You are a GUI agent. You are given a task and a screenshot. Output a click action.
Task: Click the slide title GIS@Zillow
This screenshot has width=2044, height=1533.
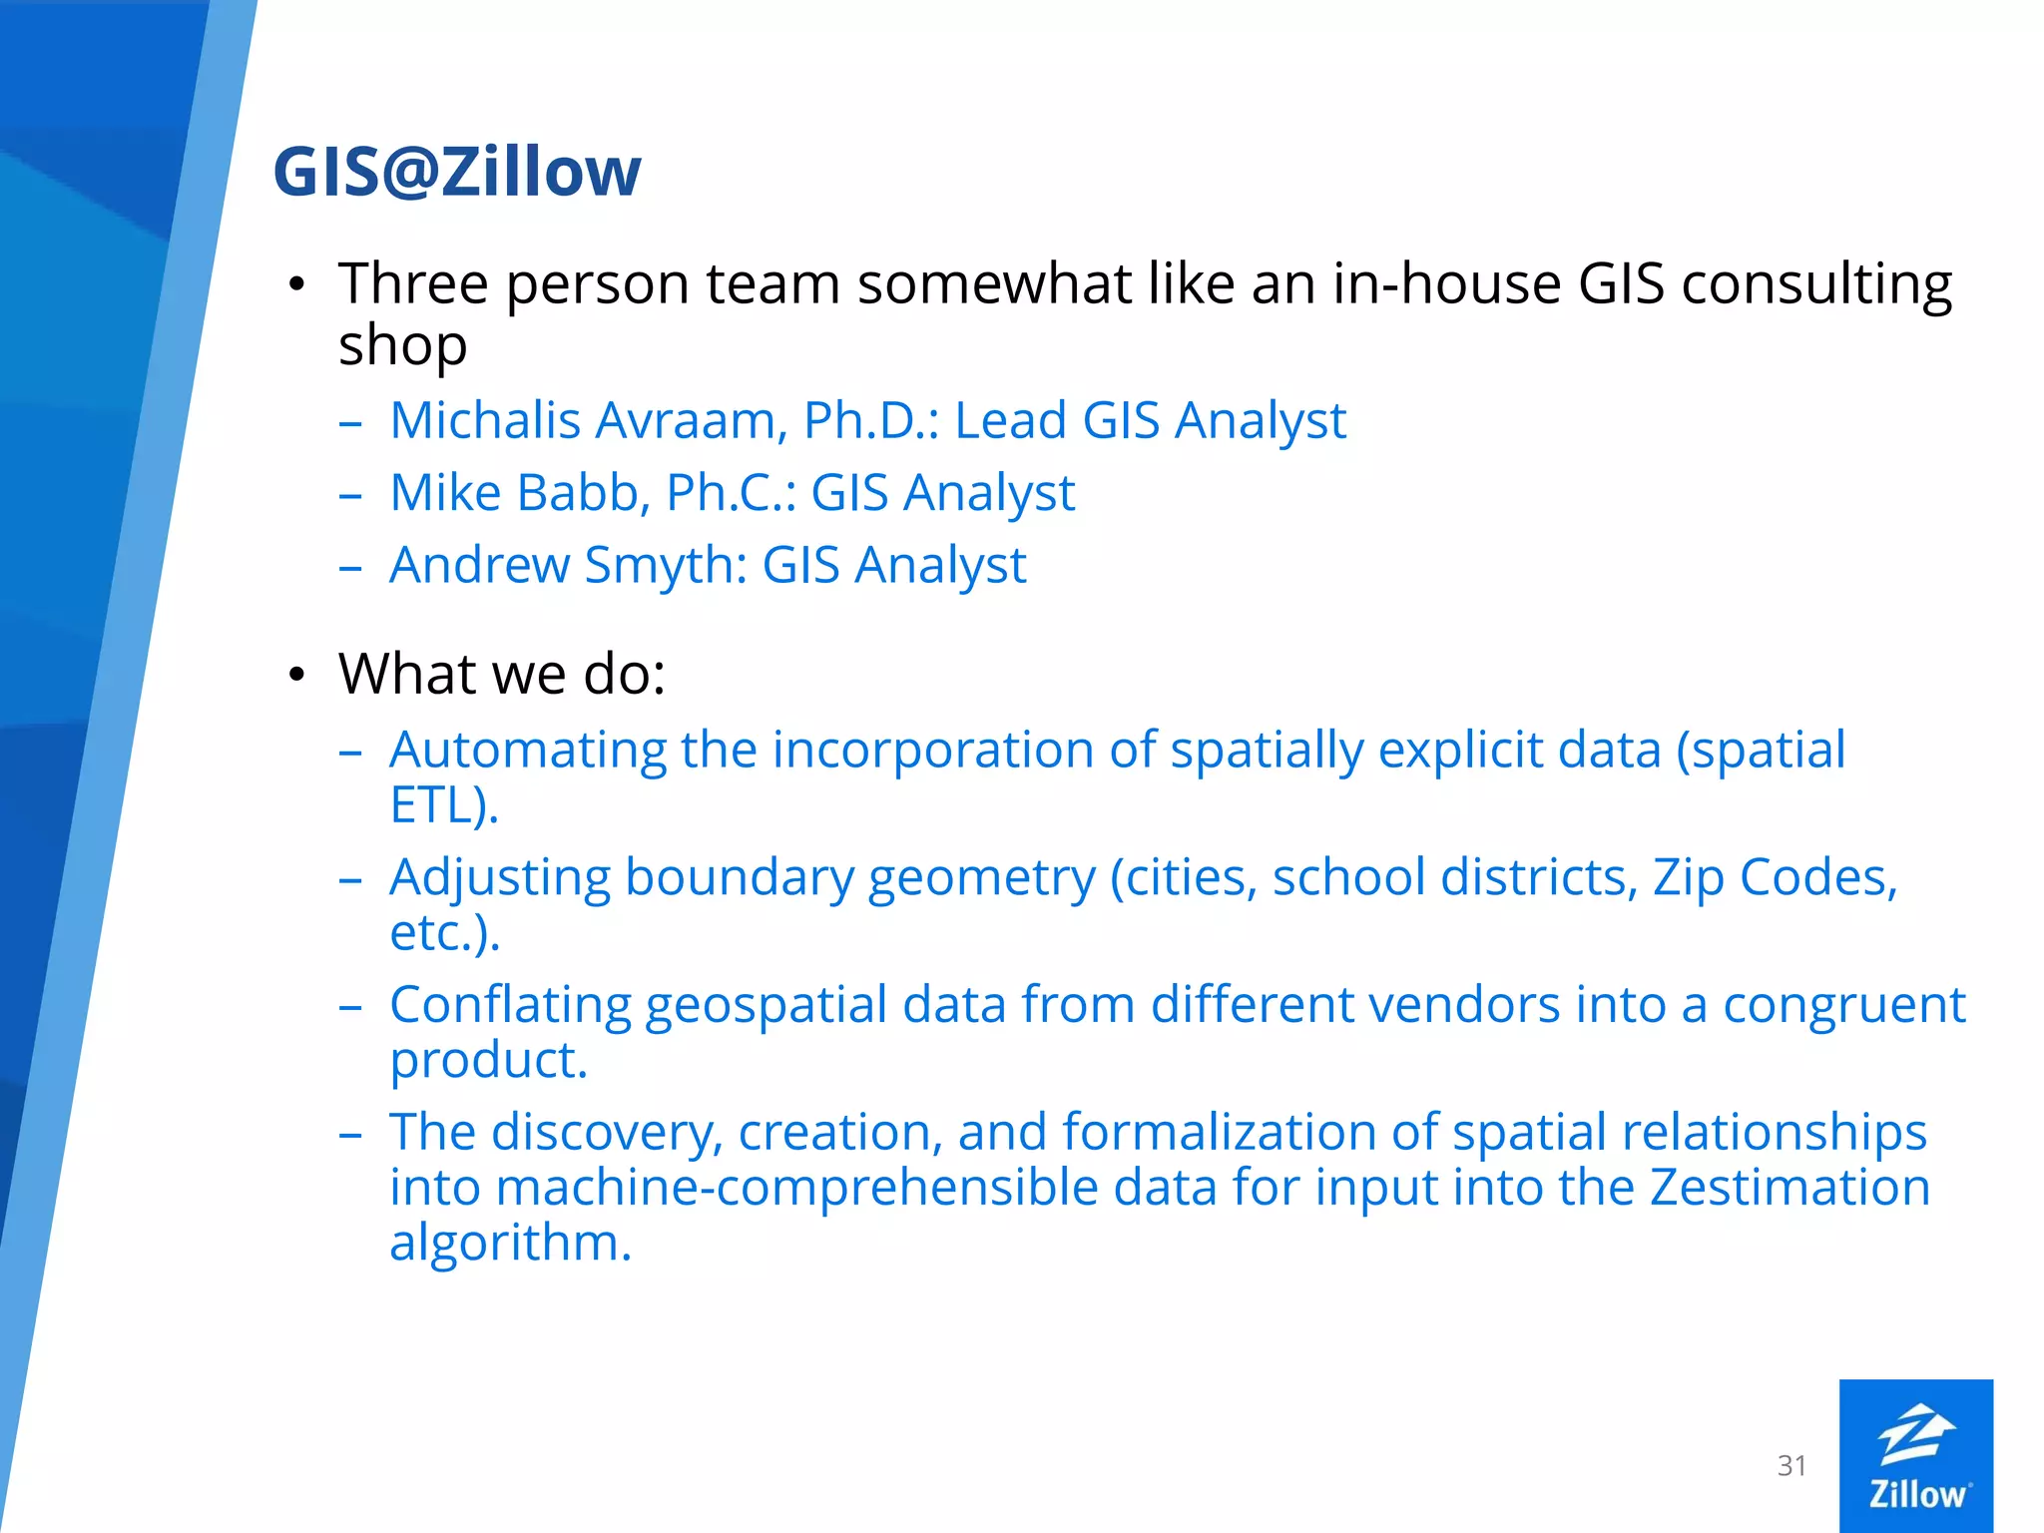click(x=457, y=172)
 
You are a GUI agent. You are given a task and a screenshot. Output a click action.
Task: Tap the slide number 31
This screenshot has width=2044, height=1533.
click(x=1791, y=1465)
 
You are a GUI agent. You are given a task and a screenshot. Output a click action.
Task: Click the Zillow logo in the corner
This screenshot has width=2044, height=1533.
click(x=1915, y=1455)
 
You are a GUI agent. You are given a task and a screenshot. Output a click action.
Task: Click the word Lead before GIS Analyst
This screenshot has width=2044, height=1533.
click(x=1010, y=420)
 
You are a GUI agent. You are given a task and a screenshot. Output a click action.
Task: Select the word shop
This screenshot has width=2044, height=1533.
click(x=402, y=345)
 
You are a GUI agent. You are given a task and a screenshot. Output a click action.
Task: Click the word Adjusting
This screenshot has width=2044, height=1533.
click(x=499, y=879)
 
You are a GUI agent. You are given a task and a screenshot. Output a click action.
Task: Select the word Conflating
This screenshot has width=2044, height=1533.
click(x=509, y=1006)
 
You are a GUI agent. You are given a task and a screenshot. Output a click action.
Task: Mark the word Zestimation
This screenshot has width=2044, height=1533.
click(x=1789, y=1188)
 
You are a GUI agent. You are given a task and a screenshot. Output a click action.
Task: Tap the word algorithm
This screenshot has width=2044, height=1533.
click(x=510, y=1244)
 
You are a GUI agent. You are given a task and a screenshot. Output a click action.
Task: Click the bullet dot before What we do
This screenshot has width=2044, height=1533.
click(x=296, y=676)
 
